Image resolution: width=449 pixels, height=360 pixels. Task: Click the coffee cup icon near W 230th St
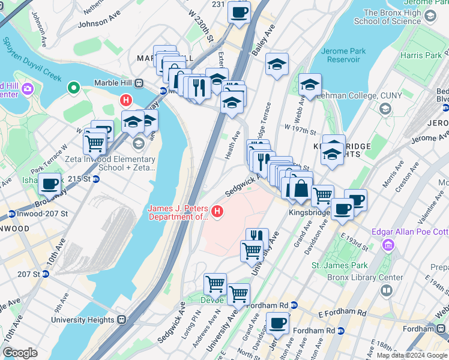pos(239,12)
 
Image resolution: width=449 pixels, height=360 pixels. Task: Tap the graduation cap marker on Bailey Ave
pos(277,65)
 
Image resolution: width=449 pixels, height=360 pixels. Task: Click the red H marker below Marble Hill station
pos(125,100)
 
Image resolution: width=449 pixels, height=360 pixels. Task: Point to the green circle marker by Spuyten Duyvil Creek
pos(74,89)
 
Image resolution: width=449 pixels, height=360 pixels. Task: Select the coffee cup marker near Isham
pos(50,184)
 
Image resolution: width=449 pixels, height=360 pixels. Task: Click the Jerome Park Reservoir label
pos(343,56)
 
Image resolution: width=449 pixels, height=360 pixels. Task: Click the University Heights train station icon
pos(122,320)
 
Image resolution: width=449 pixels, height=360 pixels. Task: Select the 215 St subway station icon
pos(95,179)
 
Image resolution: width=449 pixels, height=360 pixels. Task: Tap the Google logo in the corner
pos(20,353)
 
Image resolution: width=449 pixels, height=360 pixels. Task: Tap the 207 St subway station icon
pos(45,274)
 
